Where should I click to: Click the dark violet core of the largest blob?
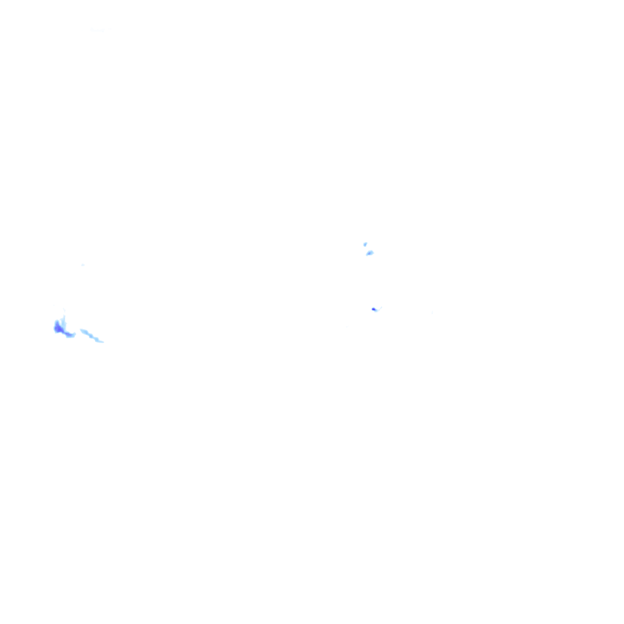58,329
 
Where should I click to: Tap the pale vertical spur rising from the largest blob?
63,321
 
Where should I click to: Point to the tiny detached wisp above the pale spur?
64,310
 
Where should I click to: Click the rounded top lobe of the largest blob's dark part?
57,323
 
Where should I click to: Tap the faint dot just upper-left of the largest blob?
54,305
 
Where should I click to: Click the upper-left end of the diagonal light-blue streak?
82,330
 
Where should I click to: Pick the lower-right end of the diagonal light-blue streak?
102,341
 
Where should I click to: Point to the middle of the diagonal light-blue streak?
92,336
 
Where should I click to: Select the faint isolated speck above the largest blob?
82,264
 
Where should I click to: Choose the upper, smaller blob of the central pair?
365,244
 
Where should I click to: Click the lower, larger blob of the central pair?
369,253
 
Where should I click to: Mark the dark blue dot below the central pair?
374,309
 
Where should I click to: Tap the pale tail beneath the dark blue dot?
376,311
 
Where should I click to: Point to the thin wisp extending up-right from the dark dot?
378,308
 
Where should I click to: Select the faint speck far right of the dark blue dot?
432,313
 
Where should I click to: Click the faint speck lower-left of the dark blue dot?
347,327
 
